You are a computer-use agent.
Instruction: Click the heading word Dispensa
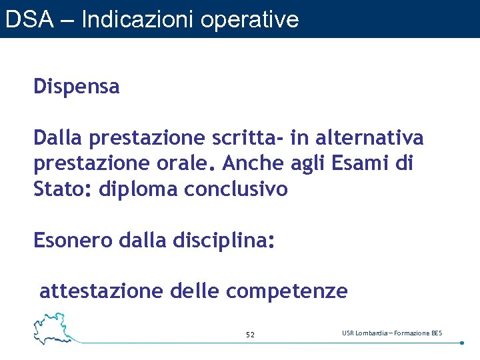click(x=77, y=87)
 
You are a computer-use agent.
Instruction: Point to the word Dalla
click(x=58, y=138)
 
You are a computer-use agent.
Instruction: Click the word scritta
click(x=245, y=138)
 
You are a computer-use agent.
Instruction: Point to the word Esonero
click(x=73, y=241)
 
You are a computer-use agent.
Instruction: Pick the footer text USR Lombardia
click(x=364, y=333)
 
